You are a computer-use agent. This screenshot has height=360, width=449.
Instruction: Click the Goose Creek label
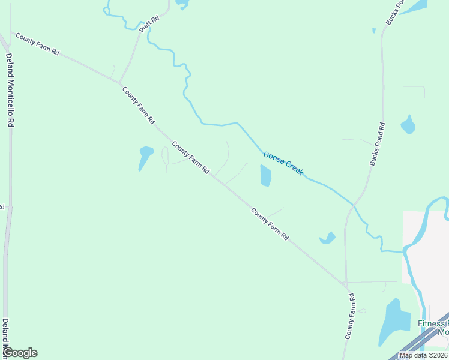283,163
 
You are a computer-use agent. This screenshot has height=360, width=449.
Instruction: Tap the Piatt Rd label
149,25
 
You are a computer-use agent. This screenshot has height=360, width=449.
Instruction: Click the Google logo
20,353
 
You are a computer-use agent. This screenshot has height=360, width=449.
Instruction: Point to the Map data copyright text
424,355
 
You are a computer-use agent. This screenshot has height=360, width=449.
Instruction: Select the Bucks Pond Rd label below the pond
377,144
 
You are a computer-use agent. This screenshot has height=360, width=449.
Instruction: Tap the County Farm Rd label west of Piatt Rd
37,45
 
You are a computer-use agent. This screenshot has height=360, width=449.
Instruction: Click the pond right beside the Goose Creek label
265,176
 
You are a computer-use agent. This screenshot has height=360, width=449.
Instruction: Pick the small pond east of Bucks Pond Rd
408,124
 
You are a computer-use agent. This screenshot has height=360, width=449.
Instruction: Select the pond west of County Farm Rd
145,157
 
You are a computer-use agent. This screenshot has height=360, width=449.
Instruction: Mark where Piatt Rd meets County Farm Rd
119,83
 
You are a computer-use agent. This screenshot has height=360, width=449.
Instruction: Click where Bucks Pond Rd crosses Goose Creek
354,206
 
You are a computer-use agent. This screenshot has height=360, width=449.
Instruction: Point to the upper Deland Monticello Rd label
10,90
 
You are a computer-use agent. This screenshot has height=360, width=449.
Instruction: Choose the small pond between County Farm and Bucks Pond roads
328,238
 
